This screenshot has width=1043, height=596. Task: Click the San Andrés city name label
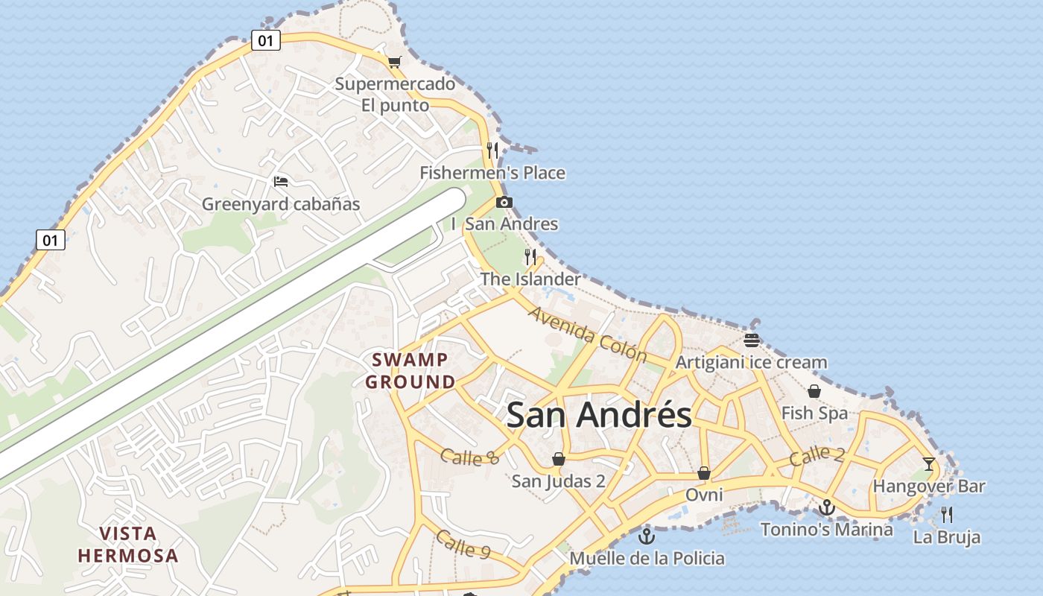pyautogui.click(x=599, y=415)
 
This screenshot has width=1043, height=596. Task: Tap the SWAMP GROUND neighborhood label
pyautogui.click(x=410, y=371)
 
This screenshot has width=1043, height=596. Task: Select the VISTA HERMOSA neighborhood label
pyautogui.click(x=128, y=545)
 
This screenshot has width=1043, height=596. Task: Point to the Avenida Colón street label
pyautogui.click(x=587, y=334)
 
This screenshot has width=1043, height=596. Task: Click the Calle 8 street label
pyautogui.click(x=469, y=457)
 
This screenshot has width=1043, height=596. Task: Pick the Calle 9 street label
pyautogui.click(x=463, y=544)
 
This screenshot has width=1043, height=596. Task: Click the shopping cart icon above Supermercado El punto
pyautogui.click(x=394, y=62)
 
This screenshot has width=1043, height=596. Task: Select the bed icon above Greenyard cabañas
pyautogui.click(x=281, y=182)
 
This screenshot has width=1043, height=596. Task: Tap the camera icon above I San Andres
pyautogui.click(x=504, y=202)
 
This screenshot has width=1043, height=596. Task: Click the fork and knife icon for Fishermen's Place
pyautogui.click(x=492, y=150)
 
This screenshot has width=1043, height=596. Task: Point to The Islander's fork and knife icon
pyautogui.click(x=530, y=257)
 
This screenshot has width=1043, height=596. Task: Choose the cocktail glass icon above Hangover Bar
pyautogui.click(x=928, y=464)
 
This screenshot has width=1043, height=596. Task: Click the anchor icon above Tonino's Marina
pyautogui.click(x=826, y=507)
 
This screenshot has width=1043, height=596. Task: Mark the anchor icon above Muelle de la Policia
pyautogui.click(x=647, y=536)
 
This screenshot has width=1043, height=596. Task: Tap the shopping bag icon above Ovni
pyautogui.click(x=704, y=473)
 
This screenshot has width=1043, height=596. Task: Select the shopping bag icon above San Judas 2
pyautogui.click(x=558, y=458)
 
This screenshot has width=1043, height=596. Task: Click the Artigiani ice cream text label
pyautogui.click(x=751, y=363)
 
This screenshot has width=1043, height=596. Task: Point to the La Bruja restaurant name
pyautogui.click(x=947, y=537)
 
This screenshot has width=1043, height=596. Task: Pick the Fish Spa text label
pyautogui.click(x=814, y=413)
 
